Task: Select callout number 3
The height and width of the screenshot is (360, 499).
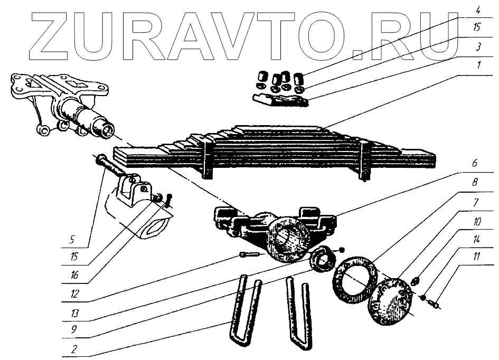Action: [477, 46]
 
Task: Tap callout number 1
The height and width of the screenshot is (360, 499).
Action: [477, 65]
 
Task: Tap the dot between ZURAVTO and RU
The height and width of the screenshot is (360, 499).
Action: [359, 53]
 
